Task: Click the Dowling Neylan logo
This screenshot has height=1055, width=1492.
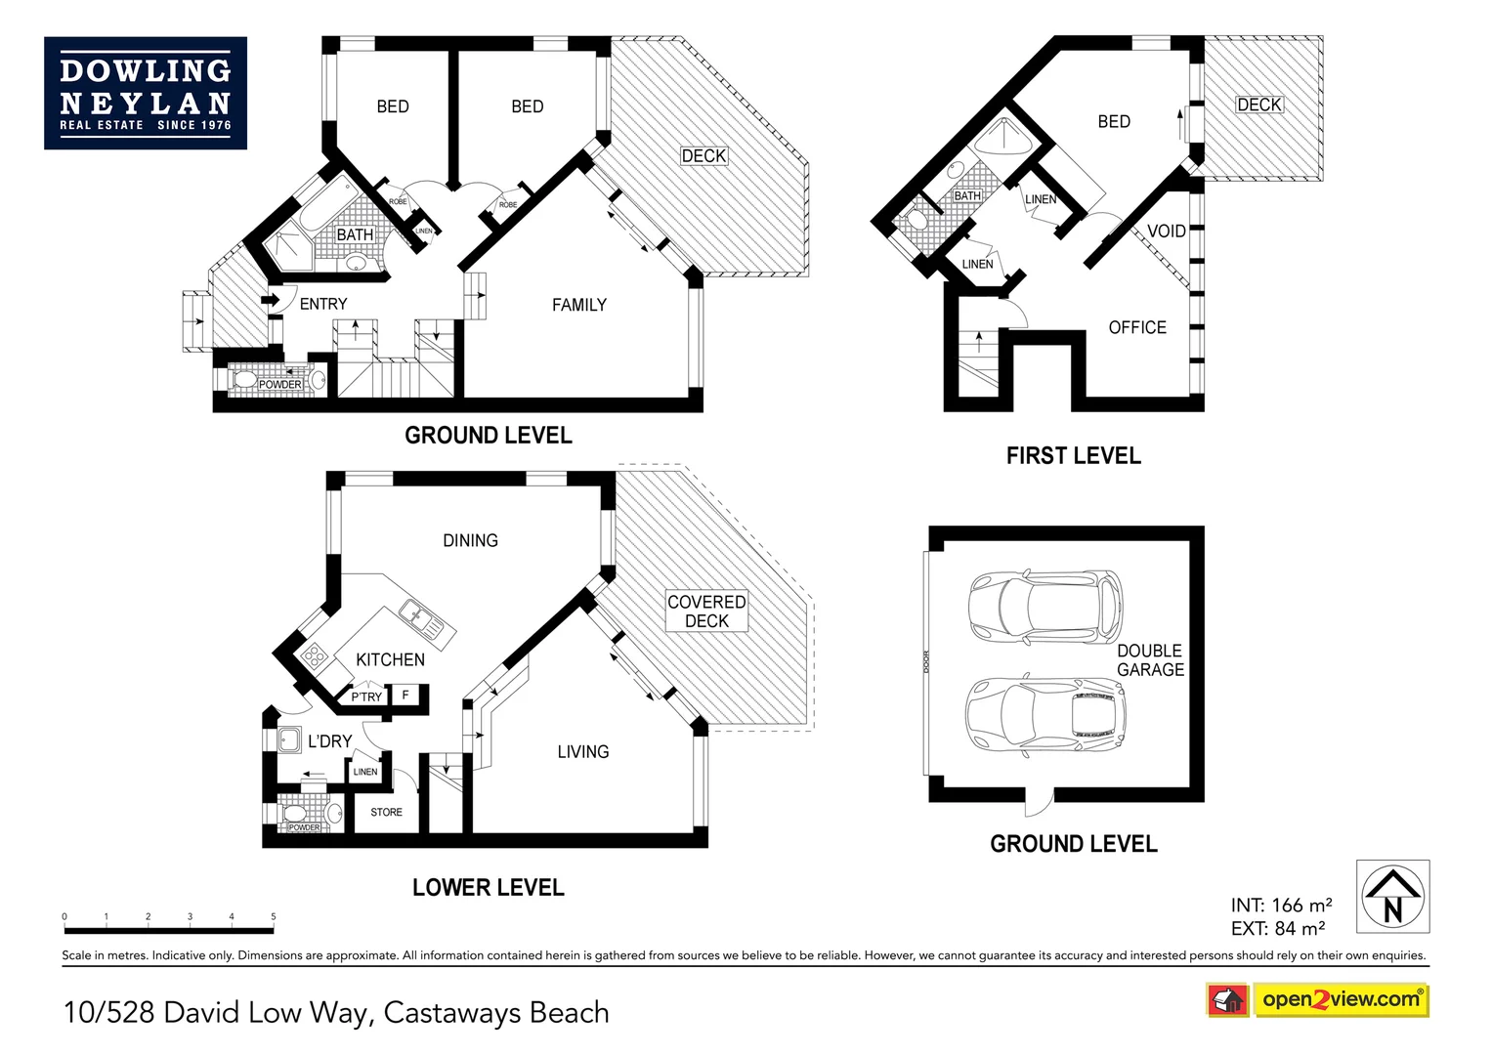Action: (146, 94)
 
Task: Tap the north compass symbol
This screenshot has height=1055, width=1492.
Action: (1392, 897)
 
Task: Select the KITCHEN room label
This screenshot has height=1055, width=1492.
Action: (390, 660)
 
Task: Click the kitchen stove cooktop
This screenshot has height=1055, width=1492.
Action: (314, 655)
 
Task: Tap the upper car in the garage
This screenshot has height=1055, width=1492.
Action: (1044, 602)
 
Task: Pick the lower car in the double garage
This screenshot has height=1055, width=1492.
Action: (1044, 714)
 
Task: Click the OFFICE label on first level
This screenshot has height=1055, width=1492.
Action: (1137, 328)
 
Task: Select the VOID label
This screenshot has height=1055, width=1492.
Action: (1166, 232)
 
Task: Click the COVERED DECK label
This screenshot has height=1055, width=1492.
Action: (706, 612)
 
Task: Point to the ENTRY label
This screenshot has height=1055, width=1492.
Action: (323, 305)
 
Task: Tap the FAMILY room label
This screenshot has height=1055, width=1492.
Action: (578, 306)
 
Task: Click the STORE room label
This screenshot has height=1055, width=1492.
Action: (386, 813)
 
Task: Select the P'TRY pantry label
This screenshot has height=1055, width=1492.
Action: (366, 697)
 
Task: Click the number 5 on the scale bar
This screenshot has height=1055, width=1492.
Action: (274, 917)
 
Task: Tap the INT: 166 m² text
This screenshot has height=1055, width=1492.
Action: (1281, 906)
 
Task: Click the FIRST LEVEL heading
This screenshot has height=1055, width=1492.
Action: (1073, 456)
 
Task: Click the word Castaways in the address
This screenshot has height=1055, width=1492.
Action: (452, 1013)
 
